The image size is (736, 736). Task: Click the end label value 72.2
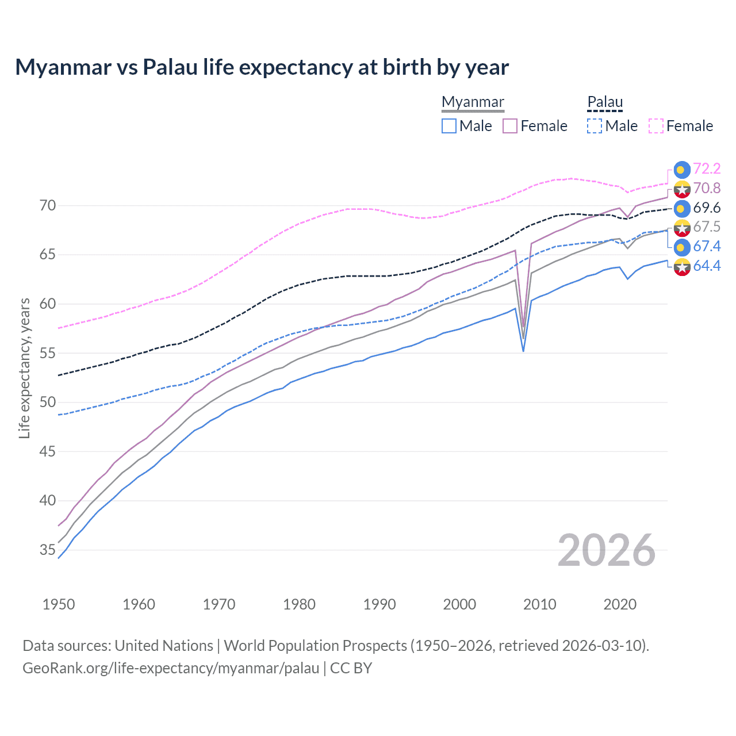(x=707, y=168)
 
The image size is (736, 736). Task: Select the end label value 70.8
(x=707, y=188)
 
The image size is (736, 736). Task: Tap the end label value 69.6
(x=707, y=208)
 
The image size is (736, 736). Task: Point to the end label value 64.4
(x=707, y=266)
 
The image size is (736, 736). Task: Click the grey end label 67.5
(x=707, y=227)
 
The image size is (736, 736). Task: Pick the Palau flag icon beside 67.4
(x=682, y=247)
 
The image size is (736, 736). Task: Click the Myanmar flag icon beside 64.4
(x=682, y=266)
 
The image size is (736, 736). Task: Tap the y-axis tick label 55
(x=48, y=353)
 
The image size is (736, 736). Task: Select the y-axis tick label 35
(x=48, y=550)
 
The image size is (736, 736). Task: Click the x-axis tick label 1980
(x=299, y=604)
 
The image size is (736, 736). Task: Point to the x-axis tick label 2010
(x=539, y=604)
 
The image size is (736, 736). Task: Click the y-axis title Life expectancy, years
(x=24, y=368)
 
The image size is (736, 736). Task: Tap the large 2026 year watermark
(x=607, y=550)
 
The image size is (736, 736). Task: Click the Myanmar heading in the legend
(x=473, y=102)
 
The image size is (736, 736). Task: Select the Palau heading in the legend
(x=605, y=102)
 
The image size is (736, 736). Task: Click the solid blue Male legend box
(x=449, y=126)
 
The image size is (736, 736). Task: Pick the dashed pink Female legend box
(x=656, y=126)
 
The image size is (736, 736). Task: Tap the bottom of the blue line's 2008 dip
(x=523, y=350)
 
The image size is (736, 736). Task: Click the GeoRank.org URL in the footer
(x=171, y=668)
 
